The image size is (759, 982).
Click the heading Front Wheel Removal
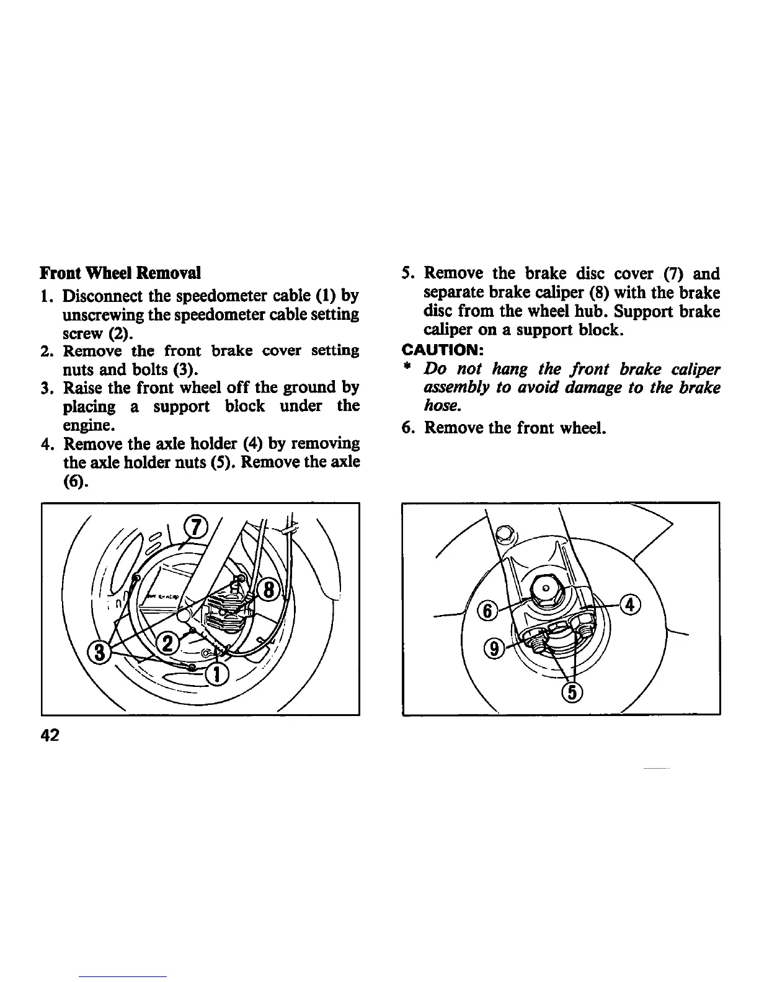(120, 273)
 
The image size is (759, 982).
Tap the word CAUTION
(442, 350)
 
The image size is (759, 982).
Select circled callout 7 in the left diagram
(195, 528)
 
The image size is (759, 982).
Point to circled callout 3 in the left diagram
(99, 652)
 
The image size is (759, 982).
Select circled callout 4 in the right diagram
(630, 604)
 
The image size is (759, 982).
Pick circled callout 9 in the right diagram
(494, 649)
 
